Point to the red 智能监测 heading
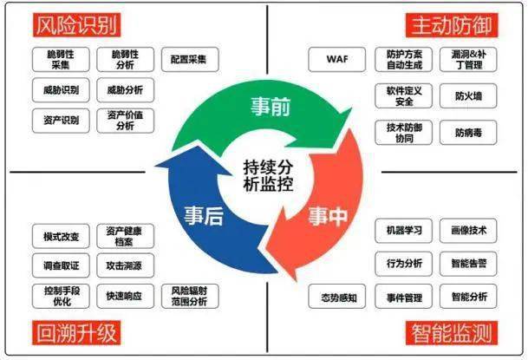450,332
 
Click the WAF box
336,60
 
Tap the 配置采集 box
190,59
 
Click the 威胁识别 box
60,89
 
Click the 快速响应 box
125,295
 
